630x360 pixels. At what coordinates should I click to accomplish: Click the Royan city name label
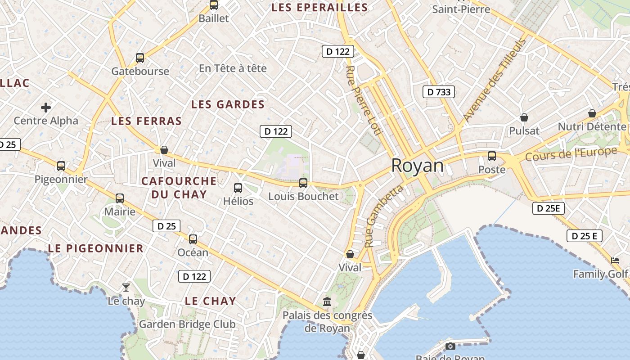pyautogui.click(x=417, y=166)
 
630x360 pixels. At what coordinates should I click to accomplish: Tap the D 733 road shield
pyautogui.click(x=439, y=92)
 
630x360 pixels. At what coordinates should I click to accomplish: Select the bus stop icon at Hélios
pyautogui.click(x=238, y=188)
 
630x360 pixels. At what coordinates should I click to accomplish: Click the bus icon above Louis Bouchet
pyautogui.click(x=303, y=183)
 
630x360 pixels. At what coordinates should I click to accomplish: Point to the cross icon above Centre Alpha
pyautogui.click(x=46, y=108)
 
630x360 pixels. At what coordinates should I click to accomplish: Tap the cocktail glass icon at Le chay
pyautogui.click(x=126, y=287)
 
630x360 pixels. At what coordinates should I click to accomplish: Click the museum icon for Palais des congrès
pyautogui.click(x=327, y=301)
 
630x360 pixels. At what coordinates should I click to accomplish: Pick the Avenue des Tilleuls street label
pyautogui.click(x=494, y=81)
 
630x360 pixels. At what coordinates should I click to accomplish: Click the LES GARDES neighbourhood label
pyautogui.click(x=228, y=104)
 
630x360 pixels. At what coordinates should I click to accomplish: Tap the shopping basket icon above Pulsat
pyautogui.click(x=524, y=117)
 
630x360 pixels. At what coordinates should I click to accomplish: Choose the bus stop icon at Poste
pyautogui.click(x=492, y=156)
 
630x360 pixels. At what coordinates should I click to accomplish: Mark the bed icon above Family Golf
pyautogui.click(x=615, y=260)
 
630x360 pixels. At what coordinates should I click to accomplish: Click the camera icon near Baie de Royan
pyautogui.click(x=450, y=346)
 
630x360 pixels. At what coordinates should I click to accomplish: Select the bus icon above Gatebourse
pyautogui.click(x=140, y=58)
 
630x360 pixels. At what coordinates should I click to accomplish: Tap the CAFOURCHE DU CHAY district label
pyautogui.click(x=179, y=188)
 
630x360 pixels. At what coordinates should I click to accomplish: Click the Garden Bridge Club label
pyautogui.click(x=187, y=324)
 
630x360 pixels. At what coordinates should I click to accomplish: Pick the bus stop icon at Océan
pyautogui.click(x=193, y=239)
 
